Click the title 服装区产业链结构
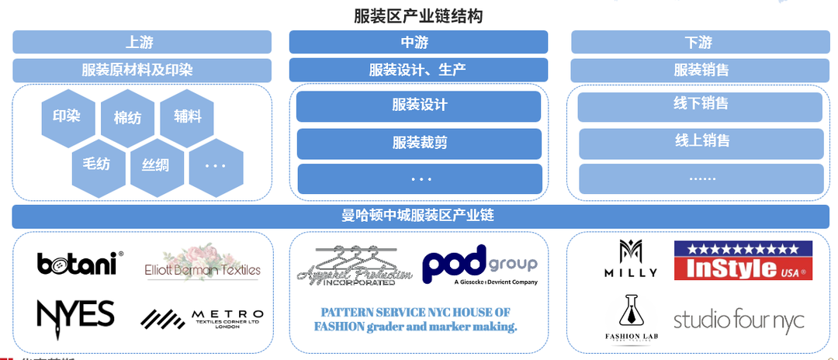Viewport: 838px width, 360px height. click(418, 15)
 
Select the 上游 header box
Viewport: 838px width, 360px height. click(141, 42)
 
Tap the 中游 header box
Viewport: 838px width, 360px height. click(418, 42)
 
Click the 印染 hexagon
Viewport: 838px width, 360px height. click(68, 116)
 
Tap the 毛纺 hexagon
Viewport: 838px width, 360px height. click(98, 164)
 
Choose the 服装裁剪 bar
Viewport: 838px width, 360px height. click(419, 143)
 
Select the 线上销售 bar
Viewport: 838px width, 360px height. click(701, 142)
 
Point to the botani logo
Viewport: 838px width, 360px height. click(78, 263)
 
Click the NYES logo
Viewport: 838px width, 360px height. click(76, 314)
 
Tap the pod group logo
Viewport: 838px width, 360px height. click(480, 265)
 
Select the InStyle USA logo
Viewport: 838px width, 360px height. click(743, 261)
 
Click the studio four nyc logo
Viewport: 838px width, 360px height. click(739, 319)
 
